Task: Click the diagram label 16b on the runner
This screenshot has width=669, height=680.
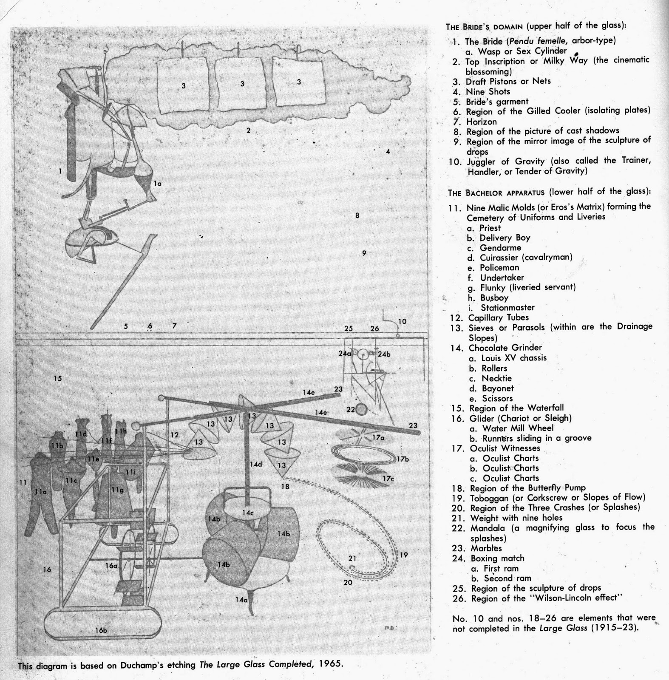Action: coord(101,630)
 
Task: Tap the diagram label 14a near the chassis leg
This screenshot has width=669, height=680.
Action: coord(241,600)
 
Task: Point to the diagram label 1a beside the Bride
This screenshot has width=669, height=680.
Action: coord(157,184)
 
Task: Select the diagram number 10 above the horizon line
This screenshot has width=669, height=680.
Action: coord(402,321)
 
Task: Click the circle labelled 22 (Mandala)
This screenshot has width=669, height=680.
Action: coord(361,410)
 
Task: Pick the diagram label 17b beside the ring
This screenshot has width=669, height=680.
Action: coord(402,459)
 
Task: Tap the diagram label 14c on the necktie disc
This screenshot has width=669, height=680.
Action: coord(248,513)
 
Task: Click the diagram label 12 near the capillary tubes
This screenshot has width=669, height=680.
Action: coord(175,435)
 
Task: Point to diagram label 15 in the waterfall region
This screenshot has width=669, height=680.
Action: coord(58,378)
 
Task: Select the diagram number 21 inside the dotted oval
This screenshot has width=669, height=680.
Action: coord(352,558)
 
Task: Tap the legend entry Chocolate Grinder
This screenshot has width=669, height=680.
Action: coord(505,348)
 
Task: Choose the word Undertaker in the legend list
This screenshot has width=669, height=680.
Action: coord(502,278)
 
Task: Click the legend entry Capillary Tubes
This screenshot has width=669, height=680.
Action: coord(499,317)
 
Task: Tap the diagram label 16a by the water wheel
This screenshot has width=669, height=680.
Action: coord(111,566)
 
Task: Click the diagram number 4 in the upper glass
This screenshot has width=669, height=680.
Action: coord(388,151)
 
